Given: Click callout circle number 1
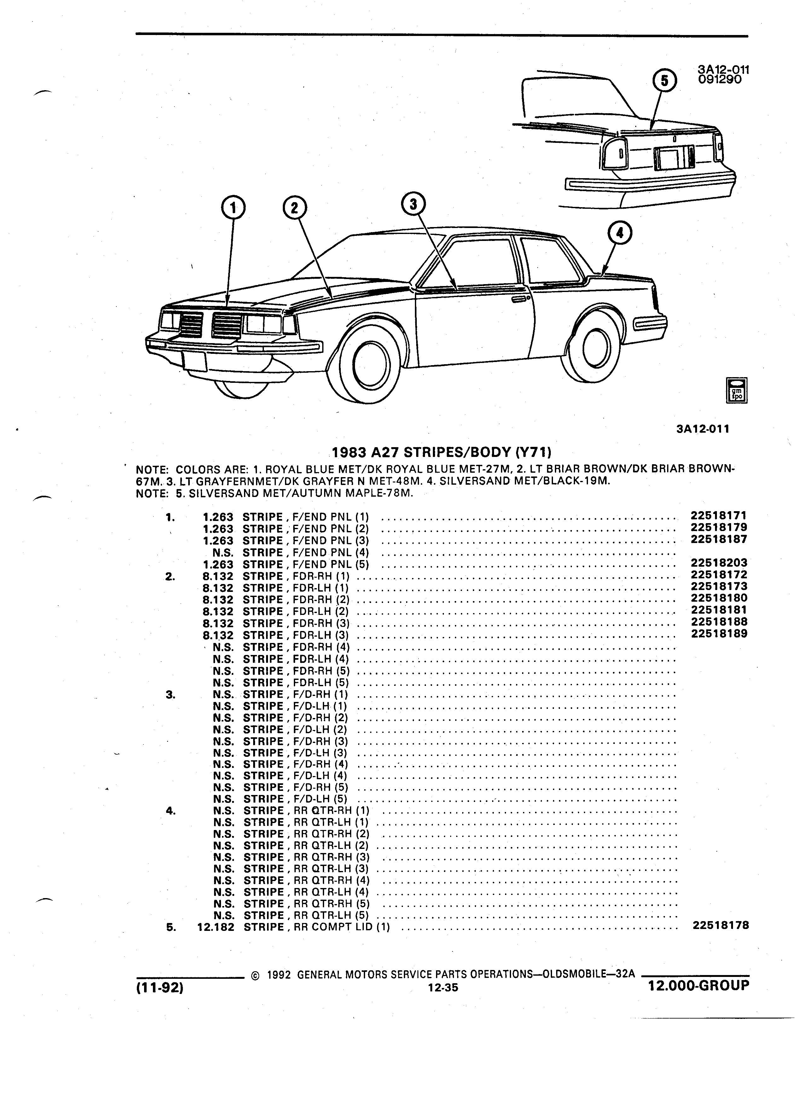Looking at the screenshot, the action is pyautogui.click(x=233, y=208).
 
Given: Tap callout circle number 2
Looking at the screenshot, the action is pyautogui.click(x=294, y=208).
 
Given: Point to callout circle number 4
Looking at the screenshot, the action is pyautogui.click(x=620, y=233).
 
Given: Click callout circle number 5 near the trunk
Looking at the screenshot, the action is pyautogui.click(x=664, y=81).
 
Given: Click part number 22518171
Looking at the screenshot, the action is pyautogui.click(x=719, y=515).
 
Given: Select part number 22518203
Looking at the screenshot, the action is pyautogui.click(x=719, y=563).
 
